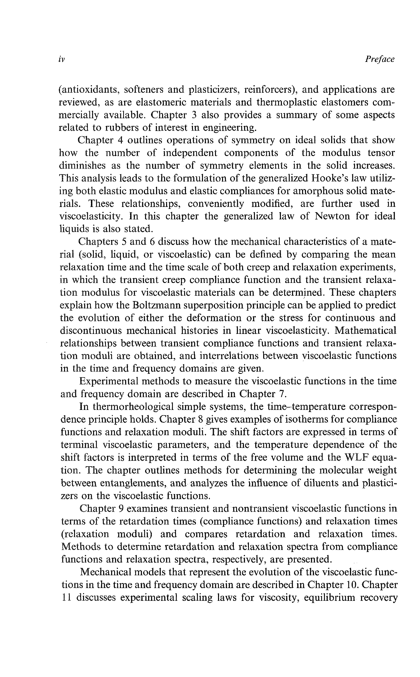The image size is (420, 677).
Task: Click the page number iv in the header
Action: tap(62, 59)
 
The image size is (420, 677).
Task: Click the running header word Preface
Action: tap(379, 59)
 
